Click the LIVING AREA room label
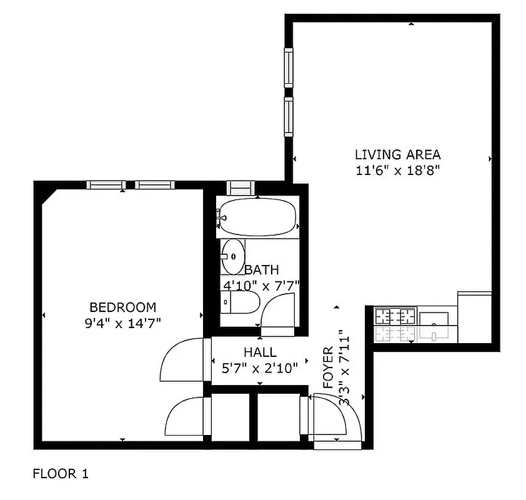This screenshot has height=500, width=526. [x=397, y=154]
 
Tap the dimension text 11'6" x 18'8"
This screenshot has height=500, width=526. [x=397, y=170]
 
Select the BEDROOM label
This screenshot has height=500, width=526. [x=122, y=307]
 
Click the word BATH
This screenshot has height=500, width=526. [x=261, y=270]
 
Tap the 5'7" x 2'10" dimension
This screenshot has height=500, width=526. [x=260, y=368]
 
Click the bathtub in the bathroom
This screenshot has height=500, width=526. [x=257, y=217]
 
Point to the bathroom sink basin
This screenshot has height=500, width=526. [x=234, y=256]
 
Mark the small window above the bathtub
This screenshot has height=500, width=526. [x=239, y=186]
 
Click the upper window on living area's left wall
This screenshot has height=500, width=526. [x=288, y=69]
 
